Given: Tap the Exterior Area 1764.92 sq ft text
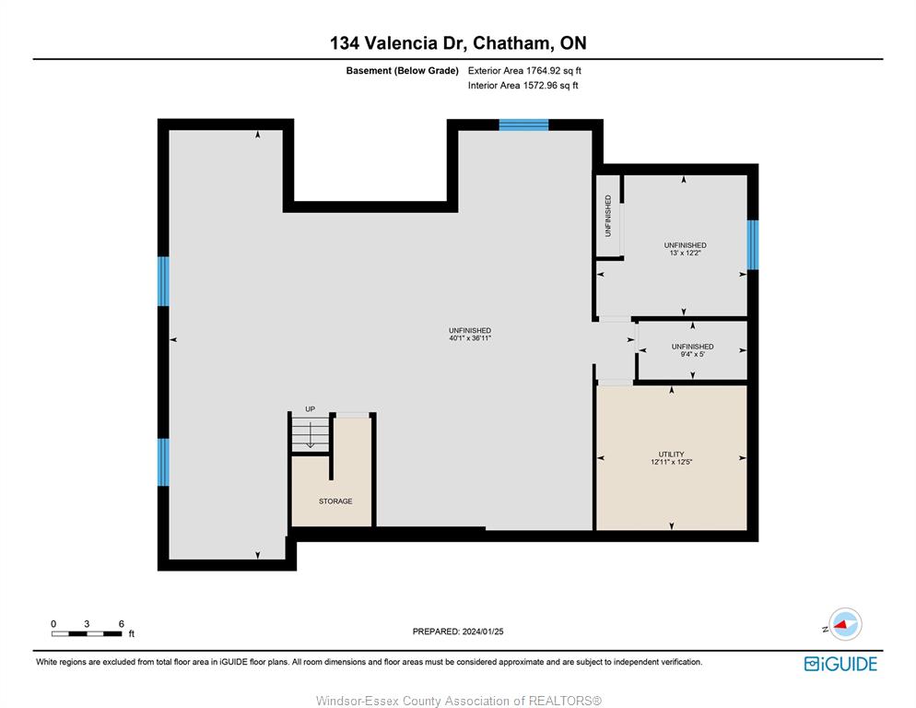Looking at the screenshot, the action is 524,71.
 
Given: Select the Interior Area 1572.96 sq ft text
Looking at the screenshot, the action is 523,86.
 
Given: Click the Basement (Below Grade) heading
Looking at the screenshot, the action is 402,71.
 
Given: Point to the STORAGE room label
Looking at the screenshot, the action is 335,501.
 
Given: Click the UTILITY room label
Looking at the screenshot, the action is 671,454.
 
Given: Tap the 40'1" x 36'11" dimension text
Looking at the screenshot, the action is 470,338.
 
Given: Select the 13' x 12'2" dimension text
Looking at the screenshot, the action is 685,253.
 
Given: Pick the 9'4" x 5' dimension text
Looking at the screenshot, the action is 692,354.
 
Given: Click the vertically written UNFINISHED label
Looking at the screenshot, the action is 608,216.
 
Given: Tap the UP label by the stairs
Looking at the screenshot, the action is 311,409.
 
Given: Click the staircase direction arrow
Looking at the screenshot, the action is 311,435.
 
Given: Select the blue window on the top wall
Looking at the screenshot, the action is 523,124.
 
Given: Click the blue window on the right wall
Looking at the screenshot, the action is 753,244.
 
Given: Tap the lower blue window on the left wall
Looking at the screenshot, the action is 164,462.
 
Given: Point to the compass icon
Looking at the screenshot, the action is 845,624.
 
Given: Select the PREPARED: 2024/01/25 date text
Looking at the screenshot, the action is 458,631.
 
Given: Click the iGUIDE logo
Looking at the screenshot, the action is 840,664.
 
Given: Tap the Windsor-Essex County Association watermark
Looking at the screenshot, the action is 459,701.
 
